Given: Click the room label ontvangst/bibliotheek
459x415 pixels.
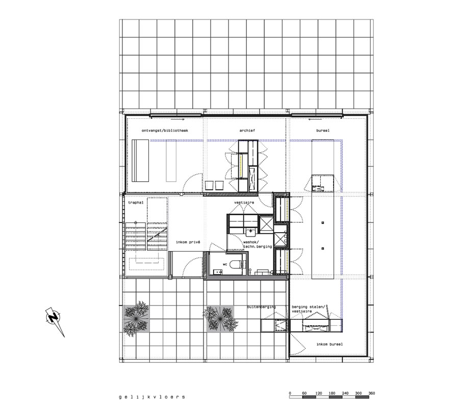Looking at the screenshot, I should point(165,131).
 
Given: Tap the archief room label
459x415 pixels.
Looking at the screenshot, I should point(247,131).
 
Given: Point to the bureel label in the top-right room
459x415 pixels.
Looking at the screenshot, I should point(322,131).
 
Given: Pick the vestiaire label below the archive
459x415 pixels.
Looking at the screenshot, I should point(244,202).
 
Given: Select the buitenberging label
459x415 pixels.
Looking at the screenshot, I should point(261,307).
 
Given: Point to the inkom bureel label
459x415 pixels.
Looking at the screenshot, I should point(329,344).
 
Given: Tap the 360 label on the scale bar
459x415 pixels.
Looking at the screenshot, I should point(372,393).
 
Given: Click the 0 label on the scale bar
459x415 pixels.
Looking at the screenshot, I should point(290,393).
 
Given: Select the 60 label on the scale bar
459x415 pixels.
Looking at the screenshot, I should point(303,393).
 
